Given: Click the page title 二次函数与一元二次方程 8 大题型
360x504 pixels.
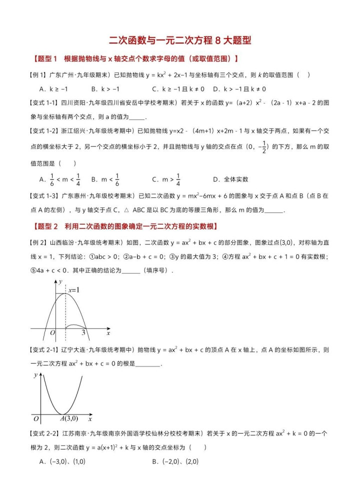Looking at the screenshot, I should pos(179,40).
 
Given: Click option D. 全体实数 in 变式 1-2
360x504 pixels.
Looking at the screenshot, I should pos(230,179).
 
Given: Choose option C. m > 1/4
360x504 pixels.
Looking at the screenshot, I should pos(167,179).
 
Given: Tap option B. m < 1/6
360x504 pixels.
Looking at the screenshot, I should pos(105,179).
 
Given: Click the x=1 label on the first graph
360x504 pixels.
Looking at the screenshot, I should pos(74,290).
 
